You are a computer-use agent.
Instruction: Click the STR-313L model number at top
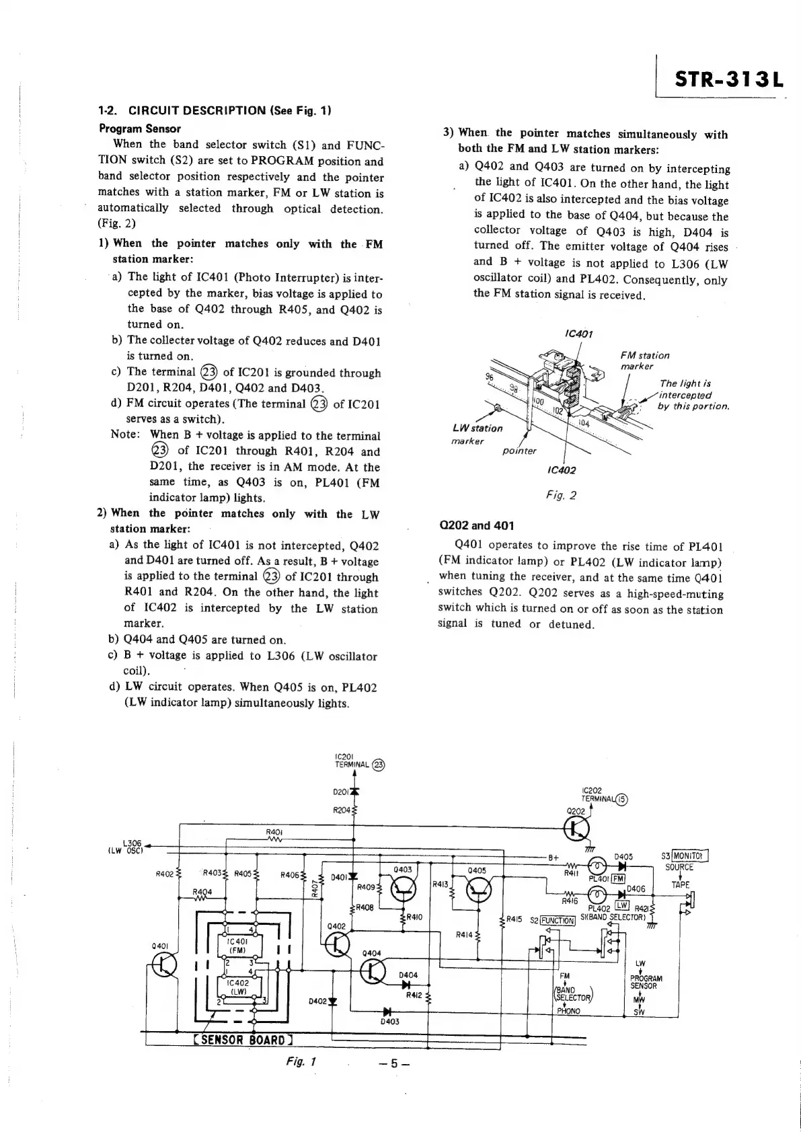728,79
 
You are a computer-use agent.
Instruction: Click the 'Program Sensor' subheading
139,128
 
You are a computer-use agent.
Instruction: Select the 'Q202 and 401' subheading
475,525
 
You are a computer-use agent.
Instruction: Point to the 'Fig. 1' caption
301,1061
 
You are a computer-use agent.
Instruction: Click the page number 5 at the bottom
394,1064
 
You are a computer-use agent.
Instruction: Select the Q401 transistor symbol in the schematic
164,965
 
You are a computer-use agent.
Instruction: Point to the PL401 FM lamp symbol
597,866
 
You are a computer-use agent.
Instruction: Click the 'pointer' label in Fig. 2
520,451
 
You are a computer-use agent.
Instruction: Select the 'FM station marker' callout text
644,361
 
